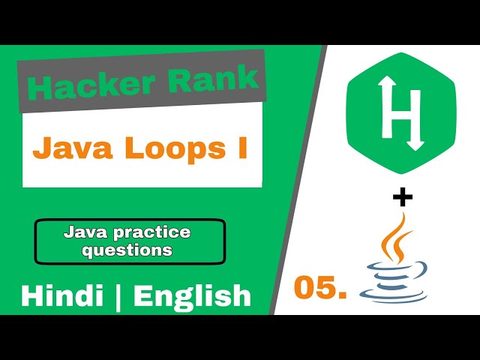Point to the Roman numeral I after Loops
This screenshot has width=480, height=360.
click(x=241, y=147)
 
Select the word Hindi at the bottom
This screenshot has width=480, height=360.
click(x=61, y=295)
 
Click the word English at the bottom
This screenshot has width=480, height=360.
click(x=192, y=295)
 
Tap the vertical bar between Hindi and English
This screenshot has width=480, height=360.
click(x=118, y=295)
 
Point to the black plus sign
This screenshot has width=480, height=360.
click(x=403, y=197)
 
